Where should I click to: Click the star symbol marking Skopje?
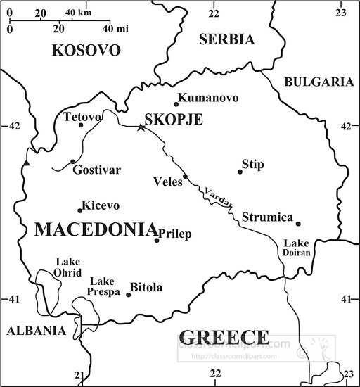141,127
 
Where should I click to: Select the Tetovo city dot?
81,125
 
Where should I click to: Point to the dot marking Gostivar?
72,161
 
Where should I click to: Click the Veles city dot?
186,177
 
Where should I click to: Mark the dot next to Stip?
240,171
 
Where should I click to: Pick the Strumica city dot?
298,224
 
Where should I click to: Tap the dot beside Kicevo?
79,210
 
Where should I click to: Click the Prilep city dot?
157,241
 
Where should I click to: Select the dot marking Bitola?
128,294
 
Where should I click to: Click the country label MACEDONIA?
95,229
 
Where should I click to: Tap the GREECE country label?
224,336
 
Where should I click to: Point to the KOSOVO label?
86,51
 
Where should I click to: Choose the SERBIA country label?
226,40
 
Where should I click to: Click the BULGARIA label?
318,82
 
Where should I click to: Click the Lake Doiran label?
296,248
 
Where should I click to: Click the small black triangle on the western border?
27,163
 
